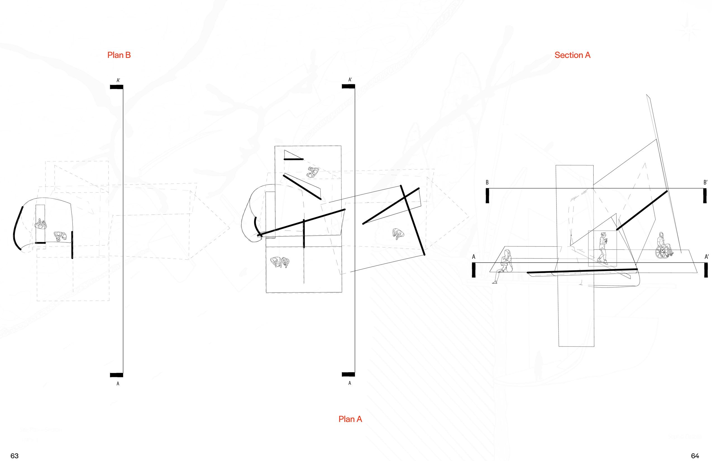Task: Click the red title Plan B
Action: tap(119, 55)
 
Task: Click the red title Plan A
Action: tap(350, 419)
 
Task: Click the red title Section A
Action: tap(572, 55)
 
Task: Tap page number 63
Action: tap(14, 456)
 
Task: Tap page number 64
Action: tap(695, 456)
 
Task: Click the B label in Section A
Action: tap(487, 182)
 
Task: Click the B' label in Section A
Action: tap(705, 182)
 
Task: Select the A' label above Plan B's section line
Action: tap(118, 80)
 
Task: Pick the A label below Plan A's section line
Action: tap(349, 383)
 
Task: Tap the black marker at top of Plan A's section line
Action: tap(348, 87)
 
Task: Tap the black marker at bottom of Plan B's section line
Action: tap(116, 375)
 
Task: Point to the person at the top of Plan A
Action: tap(313, 172)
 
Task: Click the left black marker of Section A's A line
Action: tap(474, 270)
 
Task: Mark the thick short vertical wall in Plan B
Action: tap(72, 245)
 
